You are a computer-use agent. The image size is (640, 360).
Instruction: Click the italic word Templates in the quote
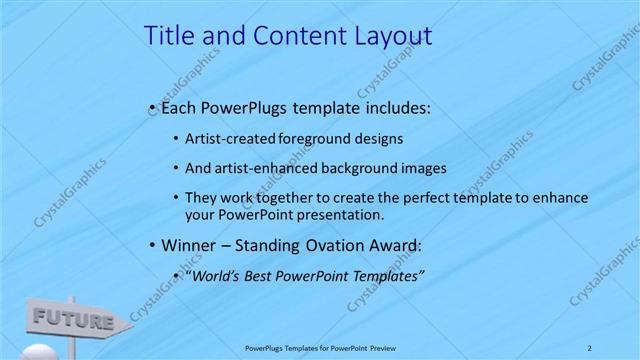coord(386,275)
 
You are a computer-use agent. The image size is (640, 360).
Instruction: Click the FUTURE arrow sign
coord(76,321)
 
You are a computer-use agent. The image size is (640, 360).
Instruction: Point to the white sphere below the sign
coord(38,352)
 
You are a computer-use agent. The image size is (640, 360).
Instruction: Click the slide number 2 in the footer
coord(590,348)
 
